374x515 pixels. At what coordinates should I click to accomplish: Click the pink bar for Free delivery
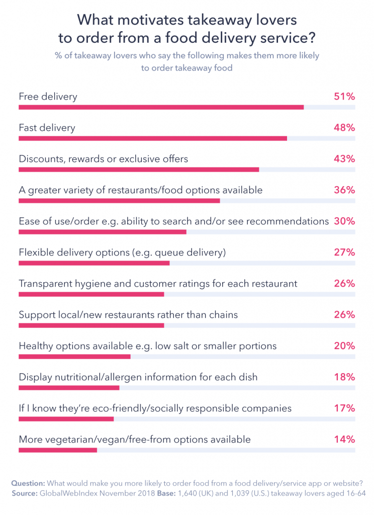pyautogui.click(x=161, y=107)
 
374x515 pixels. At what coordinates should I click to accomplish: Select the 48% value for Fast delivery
pyautogui.click(x=344, y=128)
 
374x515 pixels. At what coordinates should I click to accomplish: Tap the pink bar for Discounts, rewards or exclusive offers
pyautogui.click(x=139, y=169)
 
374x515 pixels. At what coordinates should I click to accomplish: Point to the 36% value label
pyautogui.click(x=344, y=190)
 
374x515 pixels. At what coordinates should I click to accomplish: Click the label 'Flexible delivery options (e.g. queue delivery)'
pyautogui.click(x=122, y=252)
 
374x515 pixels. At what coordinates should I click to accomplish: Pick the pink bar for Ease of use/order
pyautogui.click(x=103, y=232)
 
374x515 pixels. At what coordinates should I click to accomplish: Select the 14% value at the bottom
pyautogui.click(x=344, y=440)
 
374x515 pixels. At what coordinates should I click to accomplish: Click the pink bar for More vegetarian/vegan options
pyautogui.click(x=58, y=450)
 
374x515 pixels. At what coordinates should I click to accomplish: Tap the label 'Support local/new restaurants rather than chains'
pyautogui.click(x=128, y=315)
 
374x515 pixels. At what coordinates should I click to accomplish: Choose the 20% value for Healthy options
pyautogui.click(x=344, y=346)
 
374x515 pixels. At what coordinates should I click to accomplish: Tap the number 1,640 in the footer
pyautogui.click(x=187, y=494)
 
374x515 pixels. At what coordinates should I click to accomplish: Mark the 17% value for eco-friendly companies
pyautogui.click(x=344, y=408)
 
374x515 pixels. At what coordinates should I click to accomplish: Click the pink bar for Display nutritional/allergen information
pyautogui.click(x=69, y=388)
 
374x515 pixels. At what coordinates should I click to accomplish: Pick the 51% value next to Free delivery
pyautogui.click(x=344, y=97)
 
